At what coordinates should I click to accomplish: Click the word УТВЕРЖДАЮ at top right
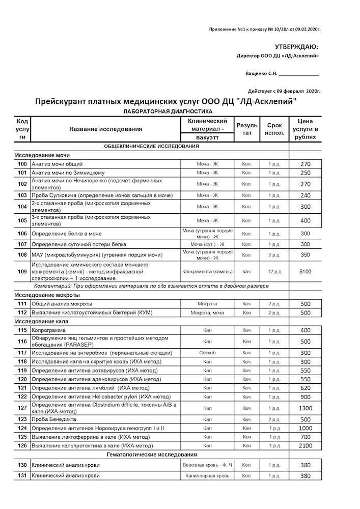pos(297,47)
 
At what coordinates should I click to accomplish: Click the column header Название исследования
pos(105,129)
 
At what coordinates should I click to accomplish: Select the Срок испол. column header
pos(274,129)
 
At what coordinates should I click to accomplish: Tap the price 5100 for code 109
pos(305,271)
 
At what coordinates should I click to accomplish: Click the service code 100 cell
pos(22,164)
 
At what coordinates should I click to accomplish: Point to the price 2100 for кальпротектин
pos(305,446)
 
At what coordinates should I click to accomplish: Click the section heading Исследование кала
pos(41,322)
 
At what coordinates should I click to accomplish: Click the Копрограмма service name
pos(49,331)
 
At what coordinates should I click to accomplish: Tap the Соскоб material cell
pos(207,353)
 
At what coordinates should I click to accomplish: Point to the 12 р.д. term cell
pos(274,271)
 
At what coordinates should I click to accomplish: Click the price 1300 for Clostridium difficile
pos(305,408)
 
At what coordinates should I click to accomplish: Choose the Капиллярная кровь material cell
pos(207,476)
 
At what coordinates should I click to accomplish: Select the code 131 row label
pos(22,476)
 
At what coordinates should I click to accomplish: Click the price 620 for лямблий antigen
pos(305,388)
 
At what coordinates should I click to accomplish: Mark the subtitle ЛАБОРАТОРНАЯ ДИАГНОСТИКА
pos(168,111)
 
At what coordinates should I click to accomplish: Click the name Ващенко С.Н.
pos(262,73)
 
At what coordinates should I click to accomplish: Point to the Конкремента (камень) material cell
pos(207,271)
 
